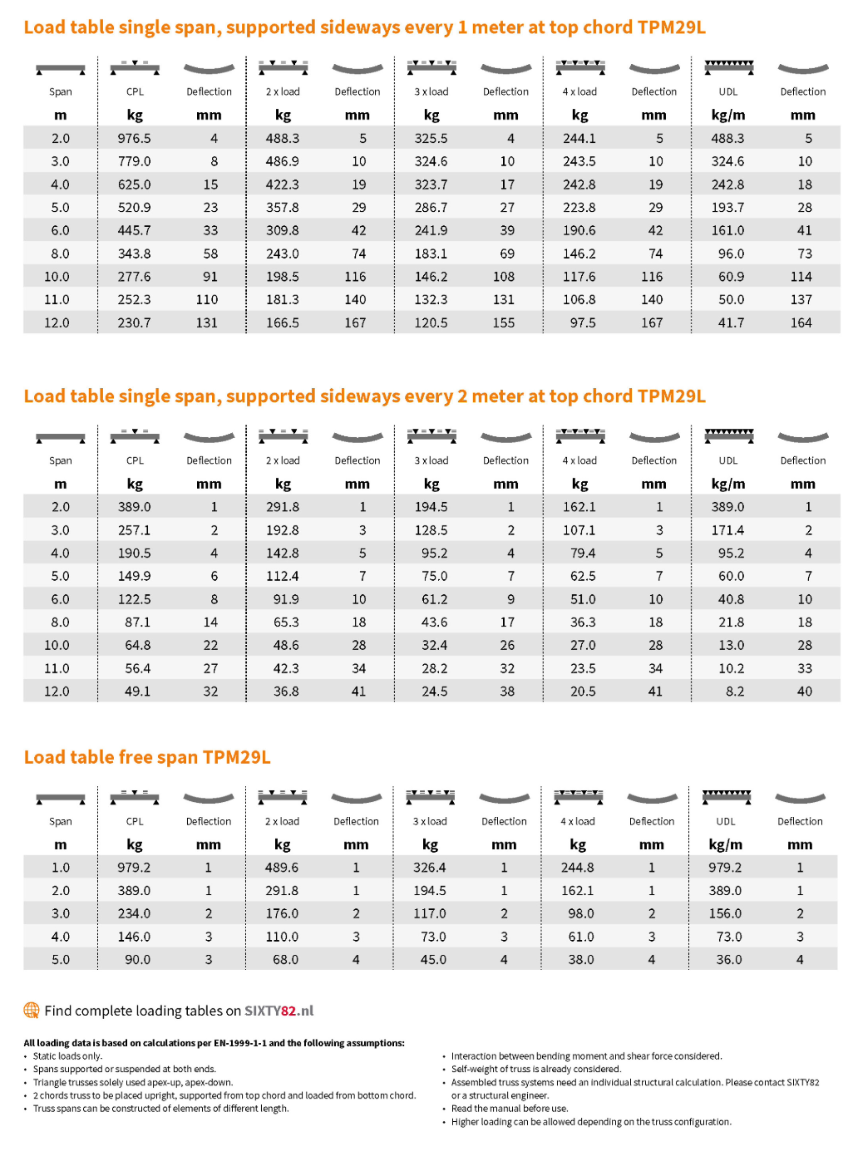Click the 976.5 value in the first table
(134, 139)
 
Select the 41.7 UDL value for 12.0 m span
(731, 323)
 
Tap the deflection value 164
(801, 323)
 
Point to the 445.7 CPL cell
(134, 231)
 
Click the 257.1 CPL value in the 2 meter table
(134, 530)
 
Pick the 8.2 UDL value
(735, 691)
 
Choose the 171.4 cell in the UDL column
(727, 530)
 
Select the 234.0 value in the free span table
(134, 914)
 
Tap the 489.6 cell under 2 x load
(282, 868)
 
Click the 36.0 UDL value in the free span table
(729, 960)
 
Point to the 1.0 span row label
(61, 868)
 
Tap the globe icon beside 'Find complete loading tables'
(32, 1011)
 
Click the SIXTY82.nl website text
(279, 1011)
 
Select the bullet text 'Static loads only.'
(67, 1056)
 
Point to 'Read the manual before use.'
(510, 1109)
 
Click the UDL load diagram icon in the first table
(728, 67)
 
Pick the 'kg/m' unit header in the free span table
(726, 845)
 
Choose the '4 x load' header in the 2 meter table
(579, 460)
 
